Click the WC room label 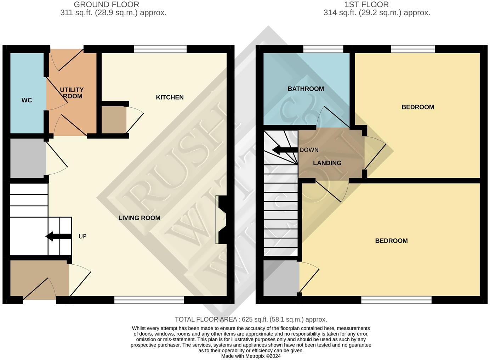pyautogui.click(x=27, y=100)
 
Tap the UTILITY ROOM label pyautogui.click(x=72, y=93)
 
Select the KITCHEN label pyautogui.click(x=170, y=97)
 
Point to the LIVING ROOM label pyautogui.click(x=139, y=218)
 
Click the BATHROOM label pyautogui.click(x=306, y=89)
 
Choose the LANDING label pyautogui.click(x=327, y=163)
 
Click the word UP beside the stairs pyautogui.click(x=82, y=236)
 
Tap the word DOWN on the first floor pyautogui.click(x=309, y=150)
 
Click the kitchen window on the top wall pyautogui.click(x=160, y=49)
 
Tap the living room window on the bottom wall pyautogui.click(x=149, y=300)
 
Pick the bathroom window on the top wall pyautogui.click(x=323, y=49)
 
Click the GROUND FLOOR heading pyautogui.click(x=106, y=5)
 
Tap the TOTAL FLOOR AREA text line pyautogui.click(x=251, y=319)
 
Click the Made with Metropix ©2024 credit pyautogui.click(x=251, y=356)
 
